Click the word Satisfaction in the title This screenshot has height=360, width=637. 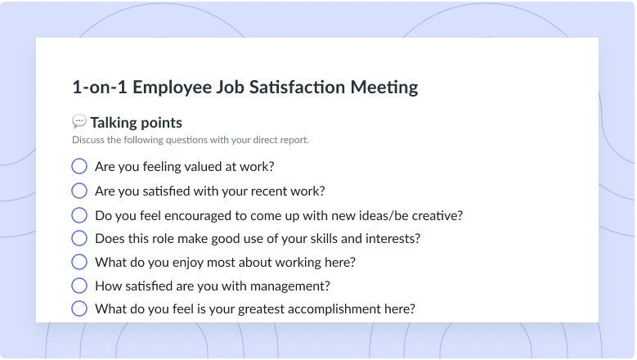[297, 87]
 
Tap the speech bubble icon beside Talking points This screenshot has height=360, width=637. [79, 121]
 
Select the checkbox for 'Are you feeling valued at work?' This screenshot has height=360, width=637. [79, 166]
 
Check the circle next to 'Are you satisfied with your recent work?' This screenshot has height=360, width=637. [79, 191]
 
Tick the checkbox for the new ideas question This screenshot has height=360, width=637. [79, 215]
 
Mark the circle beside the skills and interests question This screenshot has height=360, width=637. [79, 238]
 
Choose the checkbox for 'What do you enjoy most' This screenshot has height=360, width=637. [79, 262]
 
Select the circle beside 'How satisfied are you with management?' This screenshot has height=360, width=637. [79, 286]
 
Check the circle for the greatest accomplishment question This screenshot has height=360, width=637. [79, 308]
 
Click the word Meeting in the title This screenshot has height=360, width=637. [384, 88]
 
